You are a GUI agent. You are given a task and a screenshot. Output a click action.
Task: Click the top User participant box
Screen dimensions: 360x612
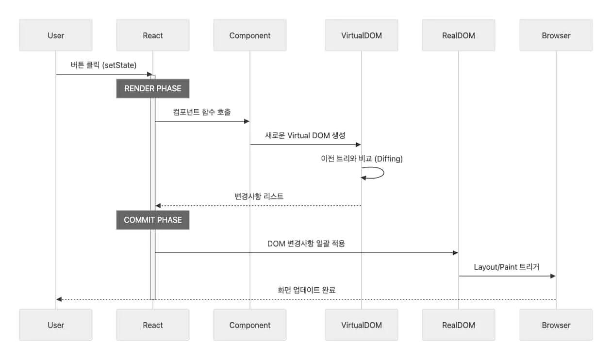56,35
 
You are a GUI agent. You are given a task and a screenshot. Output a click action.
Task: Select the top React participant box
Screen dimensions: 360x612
153,35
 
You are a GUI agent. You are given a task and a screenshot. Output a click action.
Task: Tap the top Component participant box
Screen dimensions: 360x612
250,35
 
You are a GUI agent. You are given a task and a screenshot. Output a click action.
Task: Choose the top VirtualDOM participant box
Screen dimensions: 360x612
362,35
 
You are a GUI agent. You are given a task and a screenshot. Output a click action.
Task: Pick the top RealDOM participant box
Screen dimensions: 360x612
459,35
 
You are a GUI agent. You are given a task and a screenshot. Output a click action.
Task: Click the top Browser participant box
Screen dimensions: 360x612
556,35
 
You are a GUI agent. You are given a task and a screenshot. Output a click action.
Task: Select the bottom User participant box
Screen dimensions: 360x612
56,325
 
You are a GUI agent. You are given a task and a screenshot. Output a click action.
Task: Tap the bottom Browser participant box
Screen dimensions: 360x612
556,325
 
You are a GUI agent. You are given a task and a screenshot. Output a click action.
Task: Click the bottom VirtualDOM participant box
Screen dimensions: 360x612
362,325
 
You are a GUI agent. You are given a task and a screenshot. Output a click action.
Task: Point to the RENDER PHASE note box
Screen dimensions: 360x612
153,88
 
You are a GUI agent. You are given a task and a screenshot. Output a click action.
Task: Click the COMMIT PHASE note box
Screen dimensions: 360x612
153,220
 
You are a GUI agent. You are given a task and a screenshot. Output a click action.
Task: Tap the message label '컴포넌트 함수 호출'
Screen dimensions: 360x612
202,112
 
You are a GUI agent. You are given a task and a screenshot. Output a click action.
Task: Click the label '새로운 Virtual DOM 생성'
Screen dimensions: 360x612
305,135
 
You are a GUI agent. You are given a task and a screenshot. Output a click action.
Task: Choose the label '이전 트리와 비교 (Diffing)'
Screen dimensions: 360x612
362,159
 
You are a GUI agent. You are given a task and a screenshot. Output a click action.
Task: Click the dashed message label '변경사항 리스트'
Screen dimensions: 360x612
259,196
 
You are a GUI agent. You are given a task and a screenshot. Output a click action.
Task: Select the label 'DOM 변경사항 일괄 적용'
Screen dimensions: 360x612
306,244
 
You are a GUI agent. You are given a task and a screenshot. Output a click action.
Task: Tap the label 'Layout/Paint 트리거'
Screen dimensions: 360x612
507,267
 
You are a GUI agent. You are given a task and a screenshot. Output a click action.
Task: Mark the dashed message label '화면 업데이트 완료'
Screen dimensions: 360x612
306,290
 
